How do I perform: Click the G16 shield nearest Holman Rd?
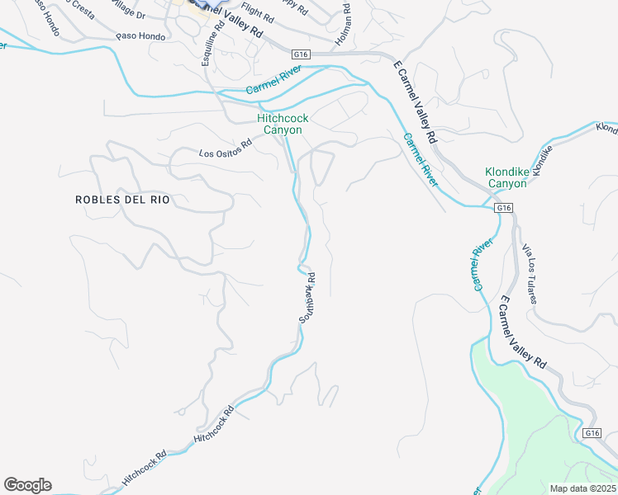click(301, 54)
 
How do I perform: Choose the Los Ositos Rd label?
click(224, 152)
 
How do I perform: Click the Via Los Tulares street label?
click(529, 273)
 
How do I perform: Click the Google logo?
click(27, 485)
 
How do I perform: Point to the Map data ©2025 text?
click(582, 488)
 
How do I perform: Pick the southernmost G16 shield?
click(591, 433)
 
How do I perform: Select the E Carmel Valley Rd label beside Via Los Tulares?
click(522, 332)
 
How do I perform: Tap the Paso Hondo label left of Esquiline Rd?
click(140, 36)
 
